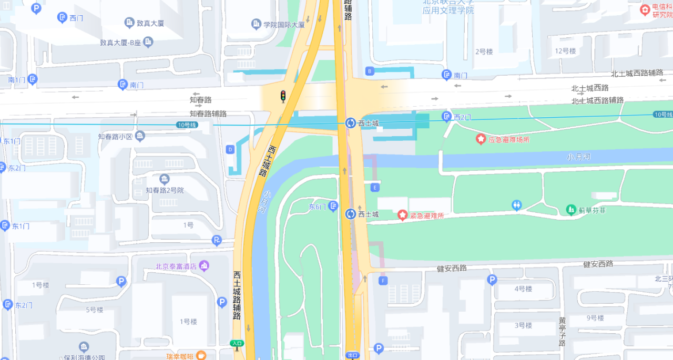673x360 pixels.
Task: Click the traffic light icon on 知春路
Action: tap(283, 96)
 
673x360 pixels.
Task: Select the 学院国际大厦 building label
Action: tap(284, 24)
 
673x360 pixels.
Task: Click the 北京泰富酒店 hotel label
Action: tap(176, 266)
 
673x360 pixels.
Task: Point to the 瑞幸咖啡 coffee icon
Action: tap(201, 356)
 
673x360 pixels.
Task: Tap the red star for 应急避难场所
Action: tap(481, 139)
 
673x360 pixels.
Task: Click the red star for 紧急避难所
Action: tap(402, 215)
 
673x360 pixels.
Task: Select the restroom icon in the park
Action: tap(517, 205)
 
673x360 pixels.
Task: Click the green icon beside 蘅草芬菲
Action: tap(571, 210)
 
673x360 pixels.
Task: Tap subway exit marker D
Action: tap(230, 149)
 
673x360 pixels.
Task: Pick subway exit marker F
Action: tap(383, 281)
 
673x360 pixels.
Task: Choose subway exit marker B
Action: tap(370, 71)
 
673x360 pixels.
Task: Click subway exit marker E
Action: tap(374, 187)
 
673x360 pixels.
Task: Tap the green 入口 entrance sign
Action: tap(237, 343)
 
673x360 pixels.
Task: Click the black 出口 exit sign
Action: tap(352, 355)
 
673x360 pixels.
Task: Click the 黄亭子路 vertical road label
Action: tap(562, 331)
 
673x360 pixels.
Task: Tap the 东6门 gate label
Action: tap(318, 207)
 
